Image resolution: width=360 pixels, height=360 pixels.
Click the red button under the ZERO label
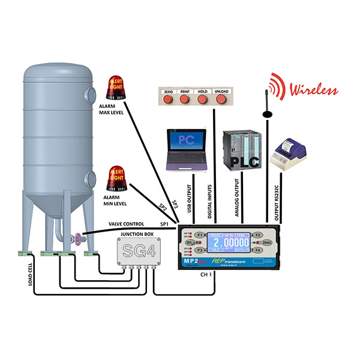169,98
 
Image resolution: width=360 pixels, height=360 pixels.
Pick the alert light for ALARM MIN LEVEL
117,178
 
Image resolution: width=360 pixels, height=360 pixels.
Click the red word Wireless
314,91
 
